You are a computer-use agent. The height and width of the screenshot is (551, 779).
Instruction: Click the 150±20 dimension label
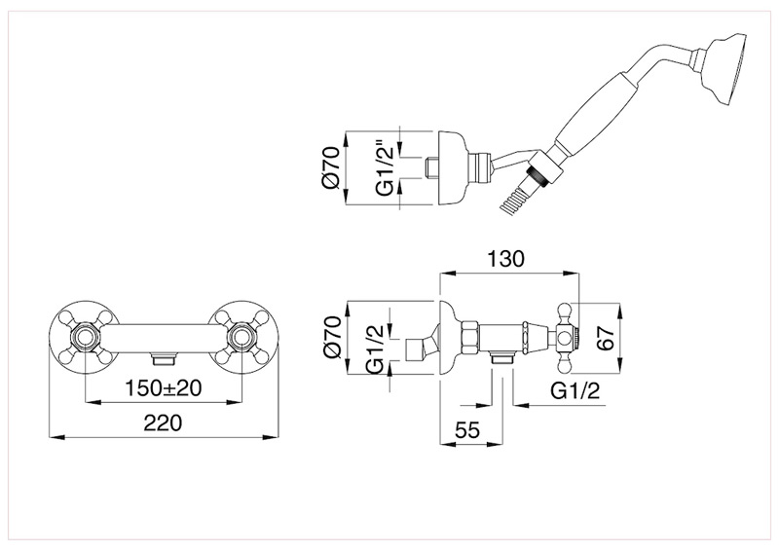[163, 388]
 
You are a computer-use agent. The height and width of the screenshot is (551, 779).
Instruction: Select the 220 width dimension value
[164, 423]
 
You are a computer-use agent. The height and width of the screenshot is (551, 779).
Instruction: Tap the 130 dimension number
[505, 259]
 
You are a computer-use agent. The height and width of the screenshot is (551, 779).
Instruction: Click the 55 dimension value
[467, 430]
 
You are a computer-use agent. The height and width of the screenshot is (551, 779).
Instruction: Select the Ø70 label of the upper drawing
[330, 167]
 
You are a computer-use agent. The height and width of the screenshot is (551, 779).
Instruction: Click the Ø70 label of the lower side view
[331, 338]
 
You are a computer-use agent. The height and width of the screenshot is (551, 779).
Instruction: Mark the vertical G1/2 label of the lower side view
[377, 349]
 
